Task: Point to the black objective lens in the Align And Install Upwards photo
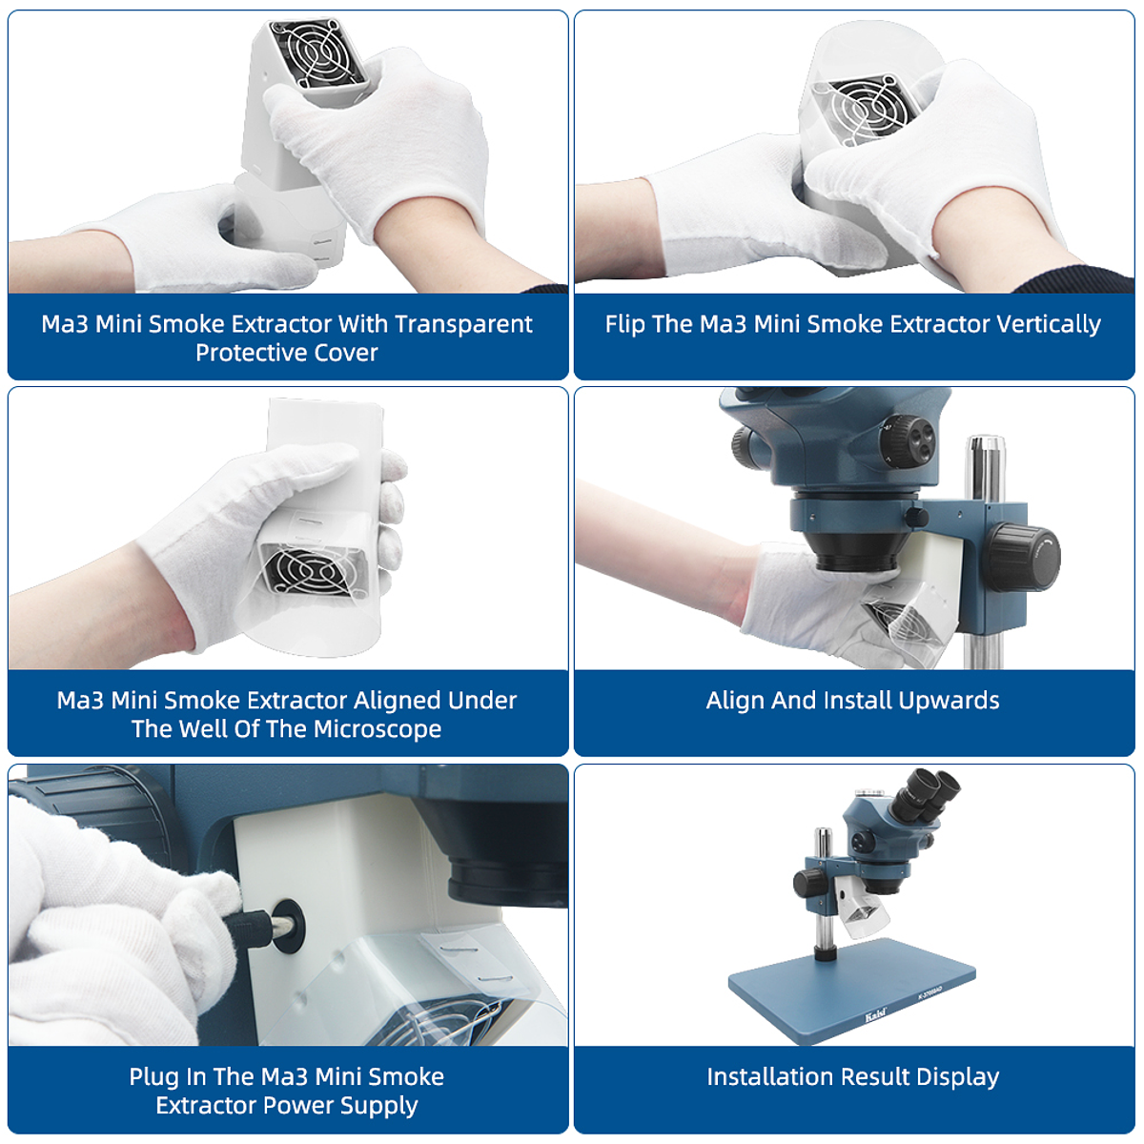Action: [852, 548]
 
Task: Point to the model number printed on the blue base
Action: [933, 992]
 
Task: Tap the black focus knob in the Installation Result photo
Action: [808, 881]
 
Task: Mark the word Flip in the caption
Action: [624, 324]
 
